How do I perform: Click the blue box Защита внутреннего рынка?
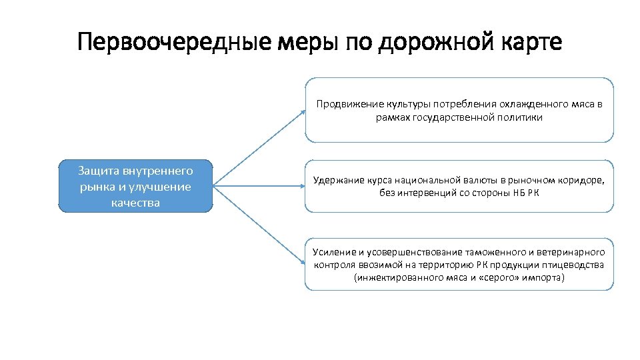pyautogui.click(x=136, y=186)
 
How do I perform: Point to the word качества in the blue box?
pyautogui.click(x=136, y=202)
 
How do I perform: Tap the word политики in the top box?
pyautogui.click(x=522, y=117)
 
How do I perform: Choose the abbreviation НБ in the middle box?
pyautogui.click(x=518, y=193)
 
